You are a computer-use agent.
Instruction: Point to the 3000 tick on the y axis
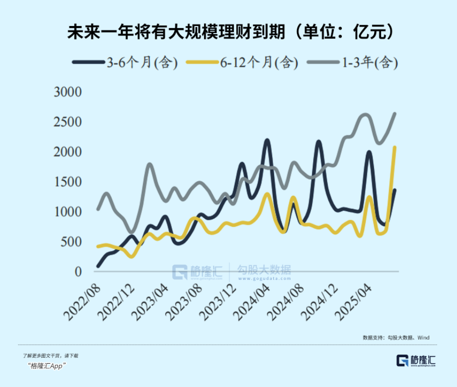[68, 91]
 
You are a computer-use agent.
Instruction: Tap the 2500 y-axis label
[68, 122]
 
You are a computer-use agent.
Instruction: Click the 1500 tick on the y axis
[68, 182]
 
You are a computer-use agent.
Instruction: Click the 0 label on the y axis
[79, 272]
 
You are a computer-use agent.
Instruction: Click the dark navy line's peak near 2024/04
[267, 141]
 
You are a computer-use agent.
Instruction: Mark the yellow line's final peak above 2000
[394, 147]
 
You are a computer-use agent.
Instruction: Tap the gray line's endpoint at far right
[394, 114]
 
